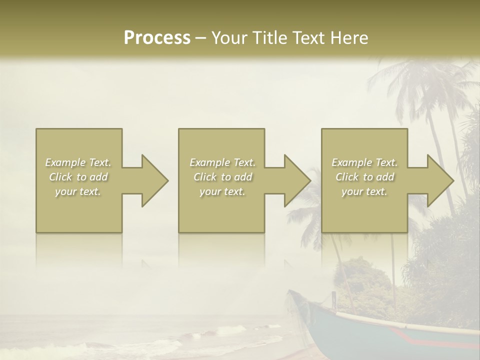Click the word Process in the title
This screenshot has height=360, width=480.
coord(157,38)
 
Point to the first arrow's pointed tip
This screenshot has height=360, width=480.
coord(167,180)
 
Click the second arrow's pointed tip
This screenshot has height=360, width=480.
coord(310,180)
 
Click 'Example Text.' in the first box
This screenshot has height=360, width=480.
coord(78,162)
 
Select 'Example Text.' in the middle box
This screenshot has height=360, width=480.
coord(222,162)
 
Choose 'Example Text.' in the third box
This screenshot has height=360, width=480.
coord(364,162)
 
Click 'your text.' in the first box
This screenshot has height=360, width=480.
coord(78,191)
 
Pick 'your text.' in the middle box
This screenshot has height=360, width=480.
coord(222,191)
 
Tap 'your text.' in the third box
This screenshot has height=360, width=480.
coord(364,191)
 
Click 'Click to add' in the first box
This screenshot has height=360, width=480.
coord(78,177)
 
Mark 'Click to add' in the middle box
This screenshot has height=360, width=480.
coord(222,177)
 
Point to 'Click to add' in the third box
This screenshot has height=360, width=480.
coord(364,177)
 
